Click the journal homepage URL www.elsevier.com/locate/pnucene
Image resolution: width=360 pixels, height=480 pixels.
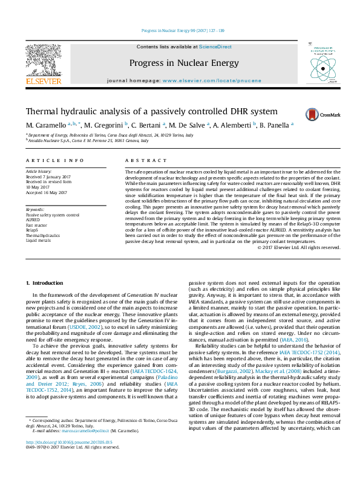click(x=212, y=80)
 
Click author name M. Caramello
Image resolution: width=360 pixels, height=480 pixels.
click(x=46, y=125)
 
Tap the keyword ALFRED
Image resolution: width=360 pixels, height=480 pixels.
click(x=33, y=219)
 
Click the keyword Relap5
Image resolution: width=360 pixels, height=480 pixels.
click(x=33, y=230)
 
